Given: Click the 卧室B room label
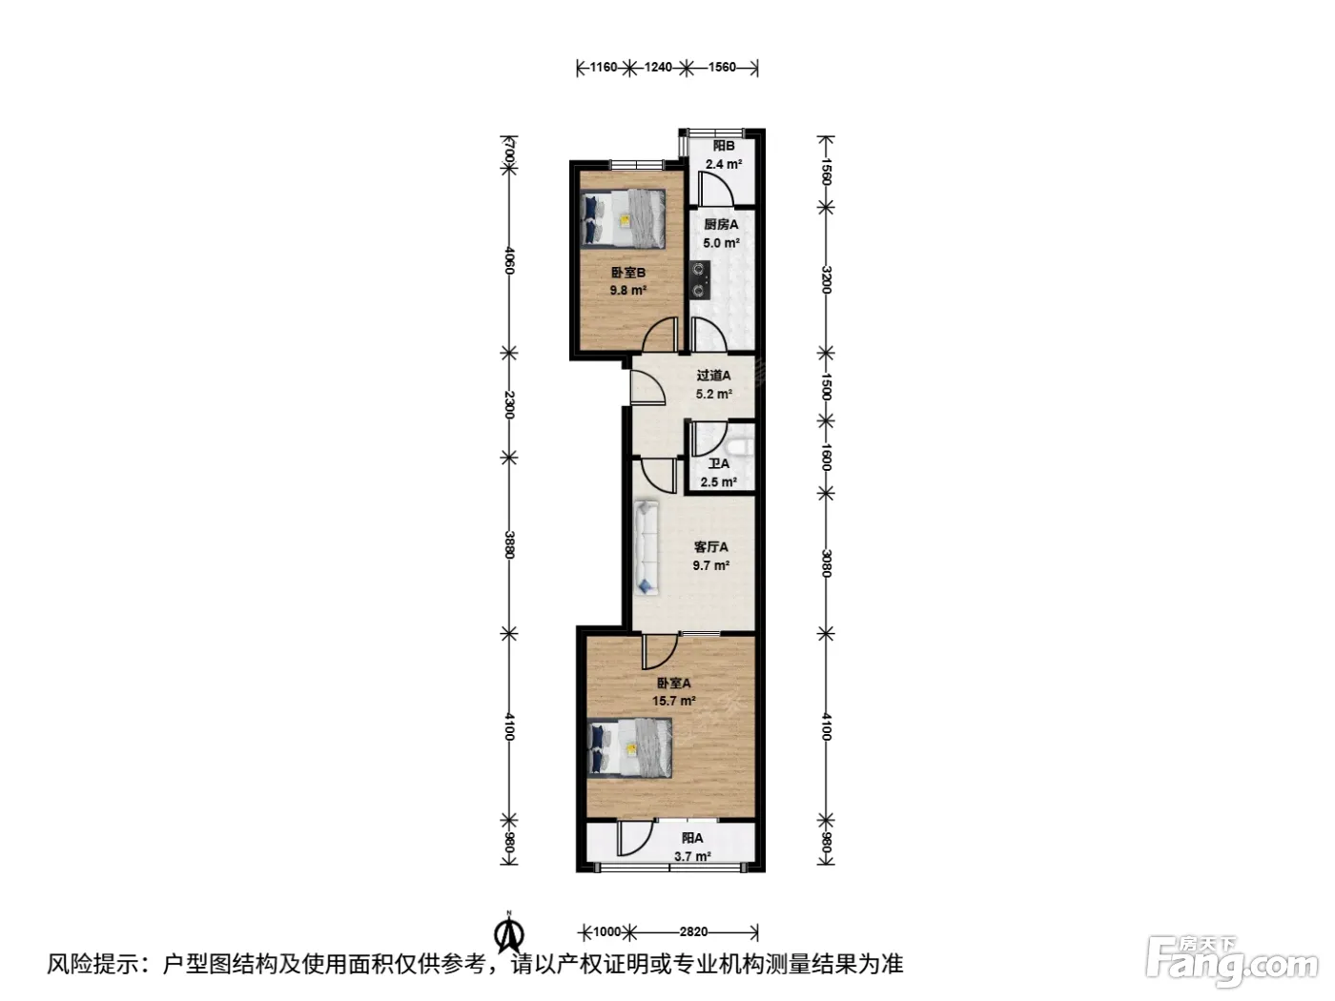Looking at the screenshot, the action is pos(627,273).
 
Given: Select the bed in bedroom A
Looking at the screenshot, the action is pos(630,748).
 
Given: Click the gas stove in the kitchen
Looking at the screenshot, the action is pos(699,279).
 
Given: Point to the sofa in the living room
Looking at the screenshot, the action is pos(646,547).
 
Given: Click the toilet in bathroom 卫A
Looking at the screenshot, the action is pos(741,448).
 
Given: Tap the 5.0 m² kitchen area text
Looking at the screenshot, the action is pos(721,243).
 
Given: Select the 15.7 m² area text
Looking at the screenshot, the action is pos(674,701).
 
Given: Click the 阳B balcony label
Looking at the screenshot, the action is pos(724,146).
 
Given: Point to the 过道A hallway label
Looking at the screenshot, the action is pos(714,376).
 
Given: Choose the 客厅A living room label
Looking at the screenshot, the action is pos(711,547).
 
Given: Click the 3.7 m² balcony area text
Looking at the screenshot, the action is pos(692,856).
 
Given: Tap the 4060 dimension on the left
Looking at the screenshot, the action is pos(509,260).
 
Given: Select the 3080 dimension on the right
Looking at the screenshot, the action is pos(826,563).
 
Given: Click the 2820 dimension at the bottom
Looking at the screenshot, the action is pos(693,931).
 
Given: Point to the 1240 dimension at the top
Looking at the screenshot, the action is pos(658,67).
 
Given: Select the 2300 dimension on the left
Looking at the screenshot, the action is pos(509,405).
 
